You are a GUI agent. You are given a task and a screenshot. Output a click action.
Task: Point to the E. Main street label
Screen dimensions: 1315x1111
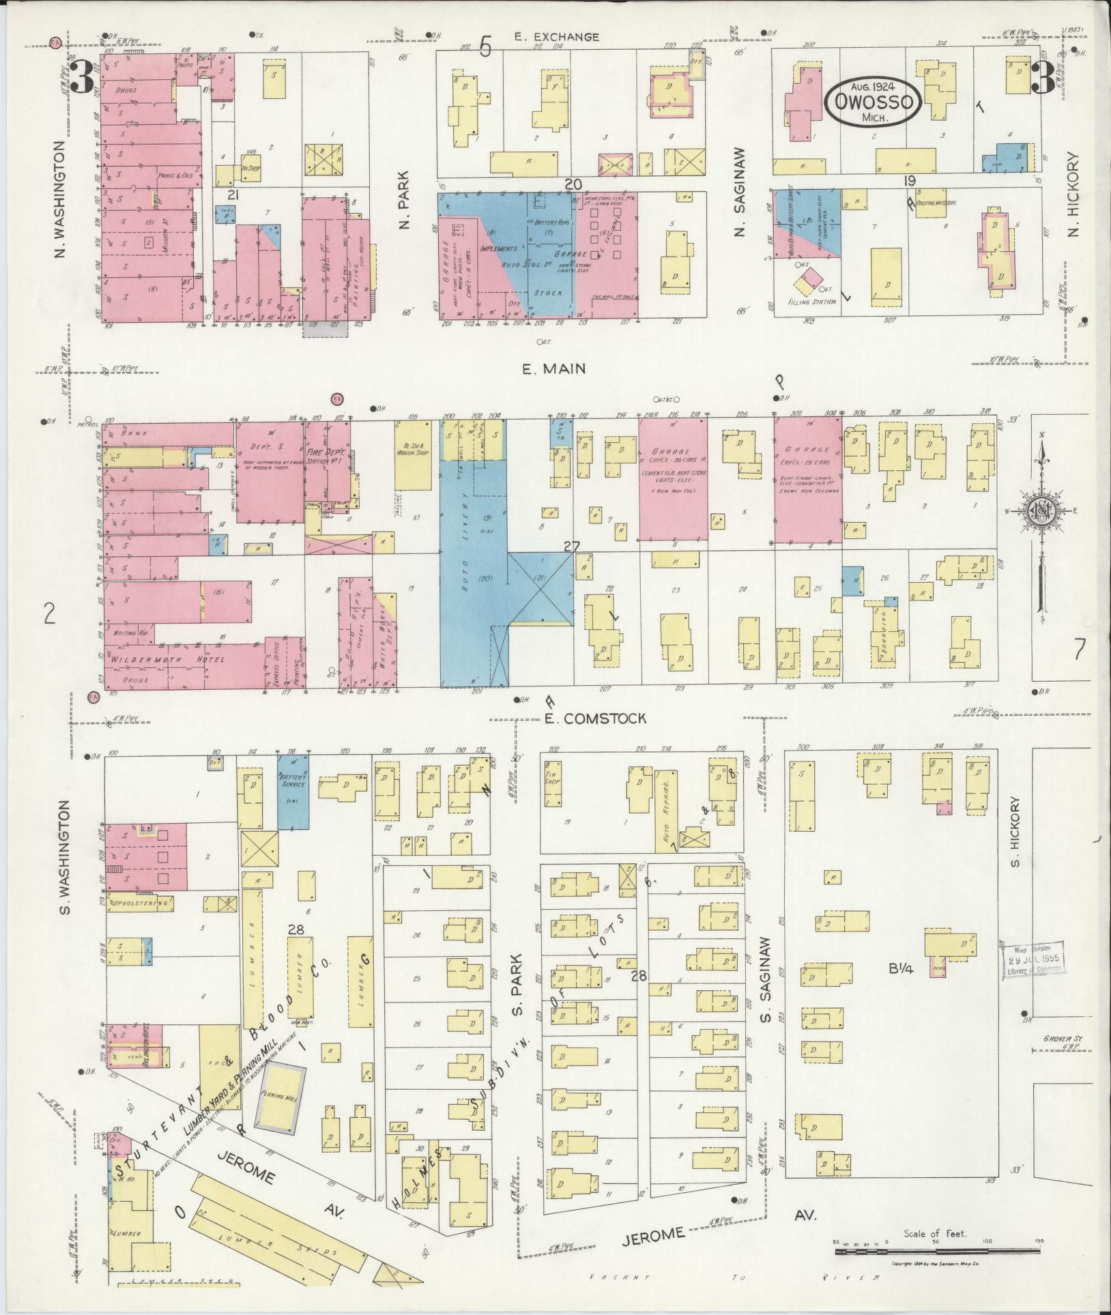(553, 369)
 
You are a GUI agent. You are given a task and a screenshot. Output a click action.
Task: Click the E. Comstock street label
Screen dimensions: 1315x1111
(594, 718)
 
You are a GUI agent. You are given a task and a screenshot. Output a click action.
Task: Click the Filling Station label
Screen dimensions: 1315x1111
(812, 301)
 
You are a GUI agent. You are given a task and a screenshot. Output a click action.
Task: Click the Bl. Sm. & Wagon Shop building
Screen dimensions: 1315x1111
(413, 454)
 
